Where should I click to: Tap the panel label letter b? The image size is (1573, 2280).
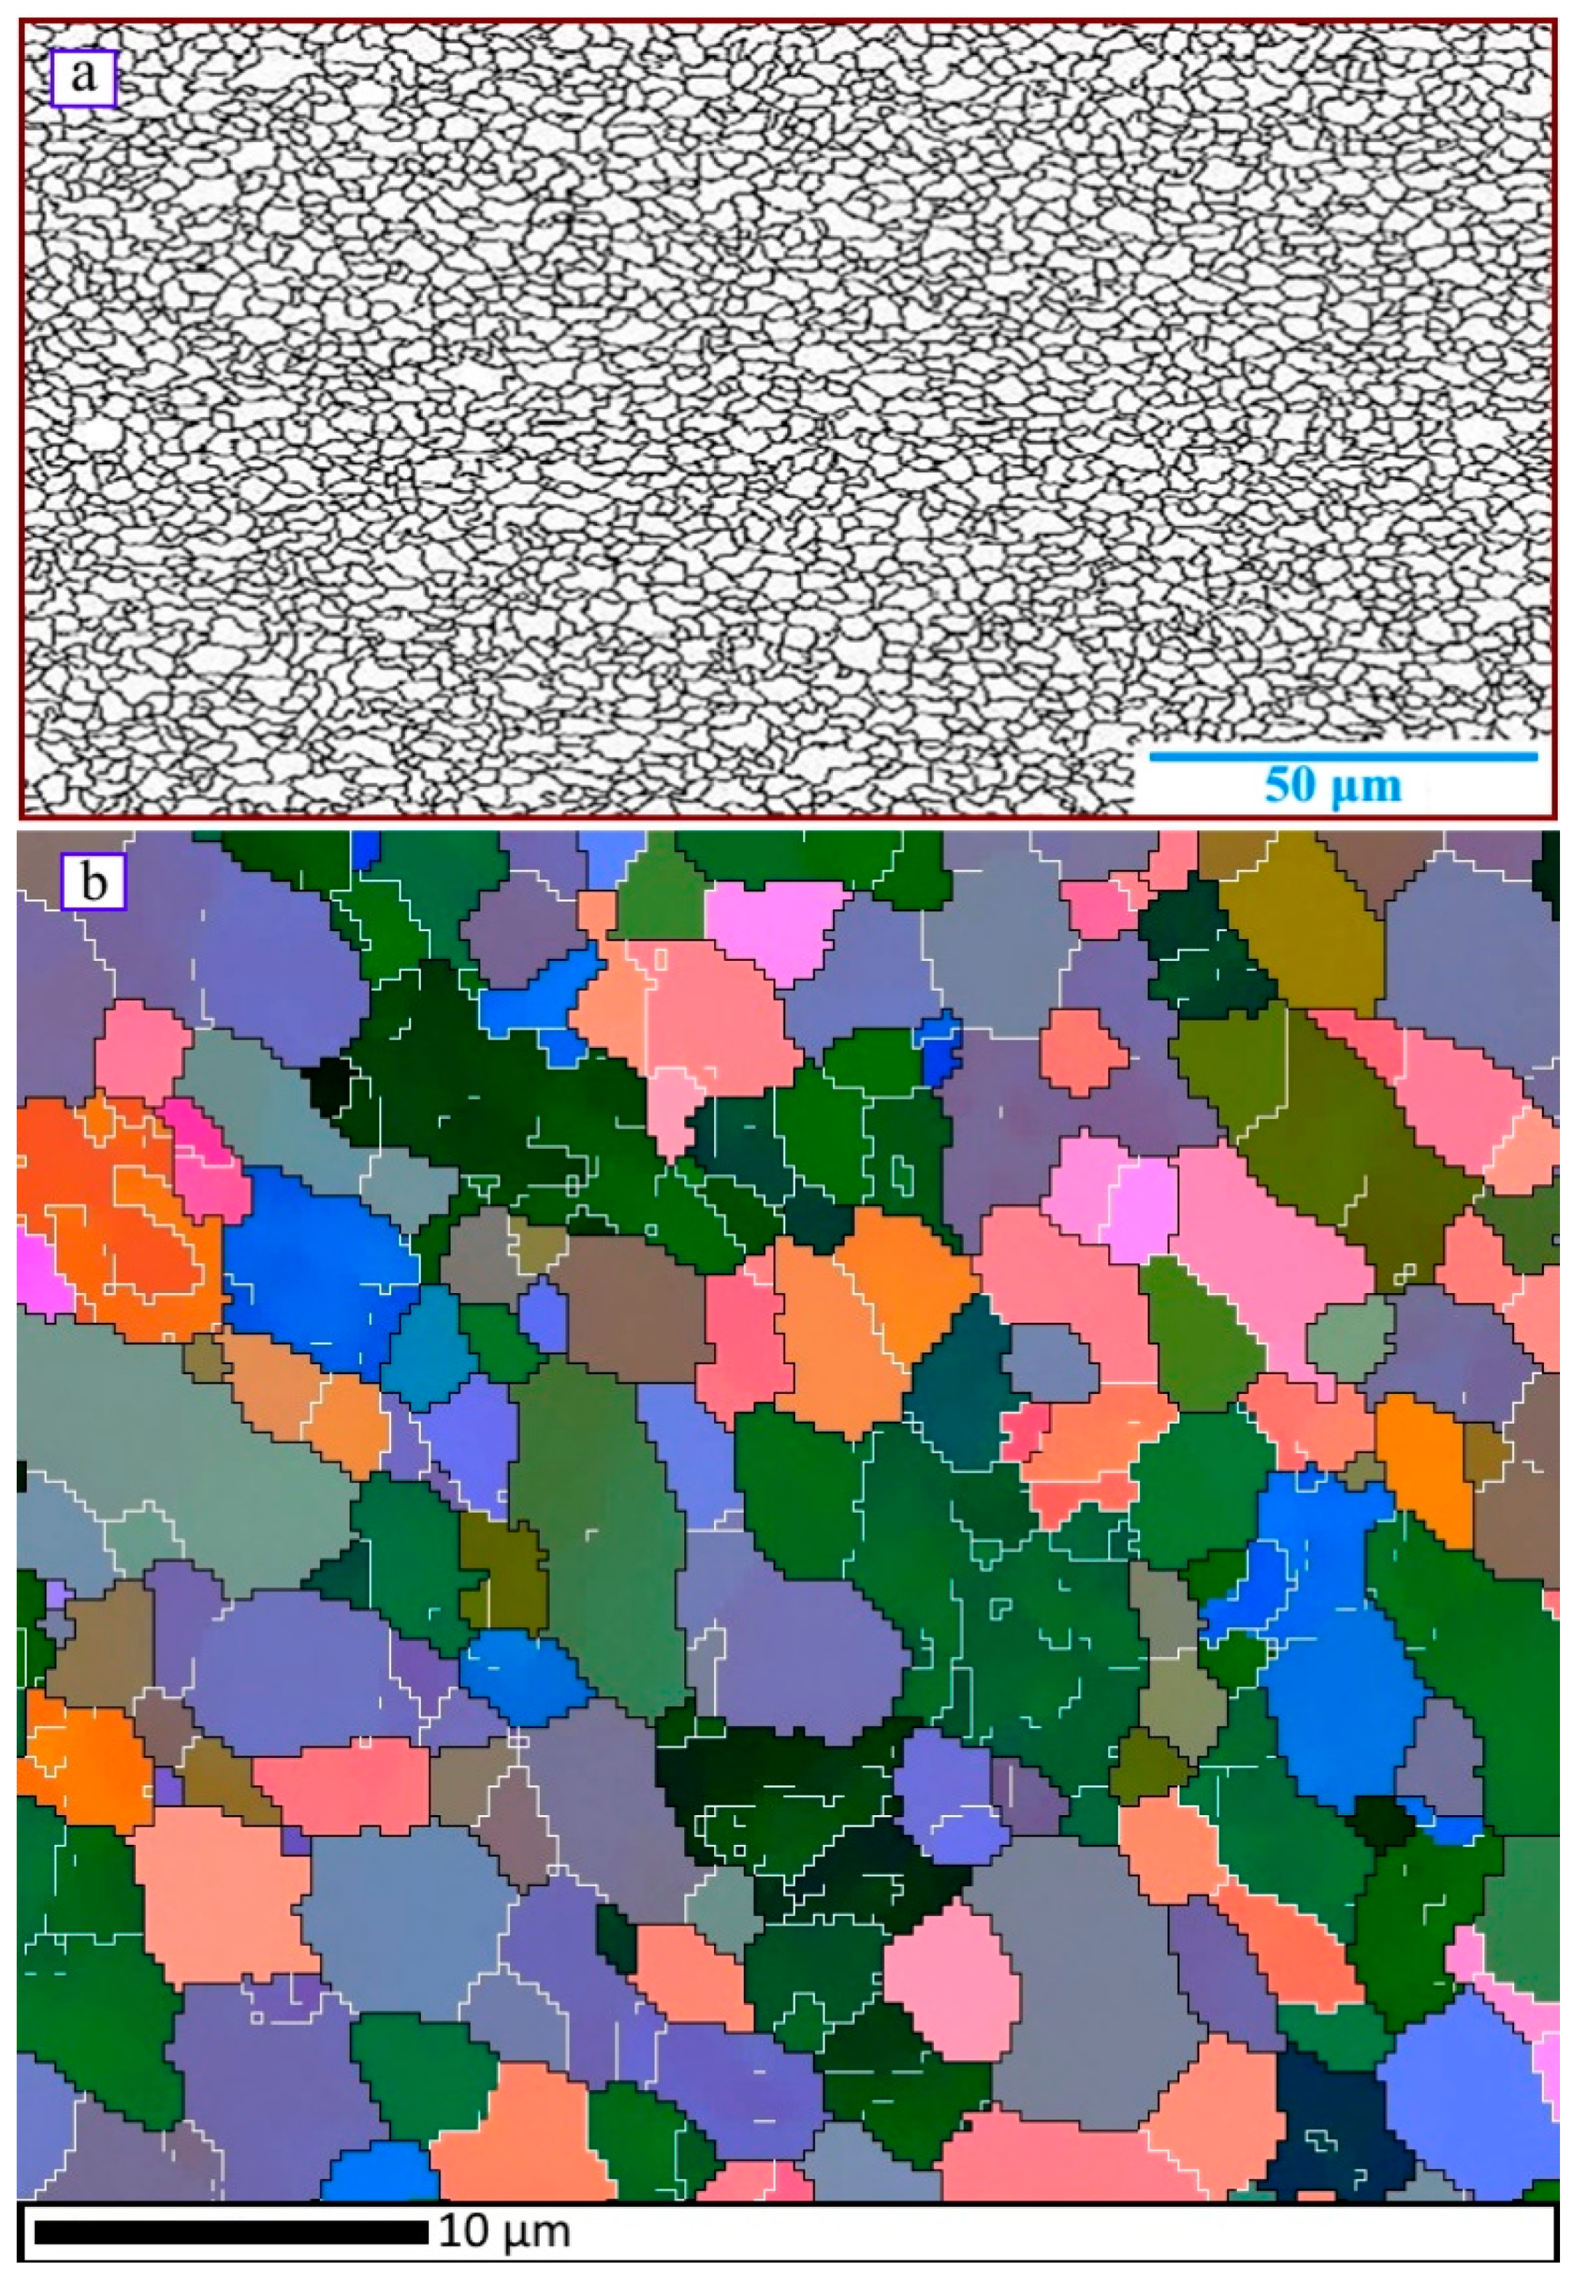(94, 881)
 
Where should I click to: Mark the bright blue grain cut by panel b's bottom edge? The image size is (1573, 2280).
(374, 2172)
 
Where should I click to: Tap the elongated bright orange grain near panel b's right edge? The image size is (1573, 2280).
(1424, 1458)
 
